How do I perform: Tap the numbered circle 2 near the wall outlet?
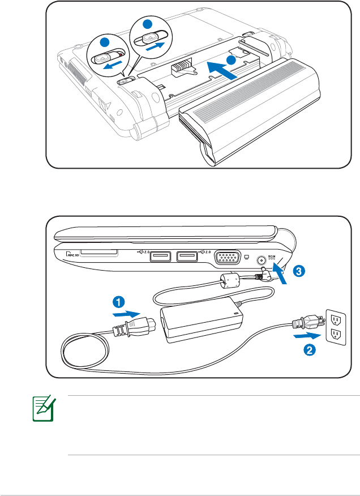pos(309,350)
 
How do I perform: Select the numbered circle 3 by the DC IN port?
pos(298,271)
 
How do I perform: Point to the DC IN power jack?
pos(262,262)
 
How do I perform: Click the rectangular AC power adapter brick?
pos(202,322)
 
